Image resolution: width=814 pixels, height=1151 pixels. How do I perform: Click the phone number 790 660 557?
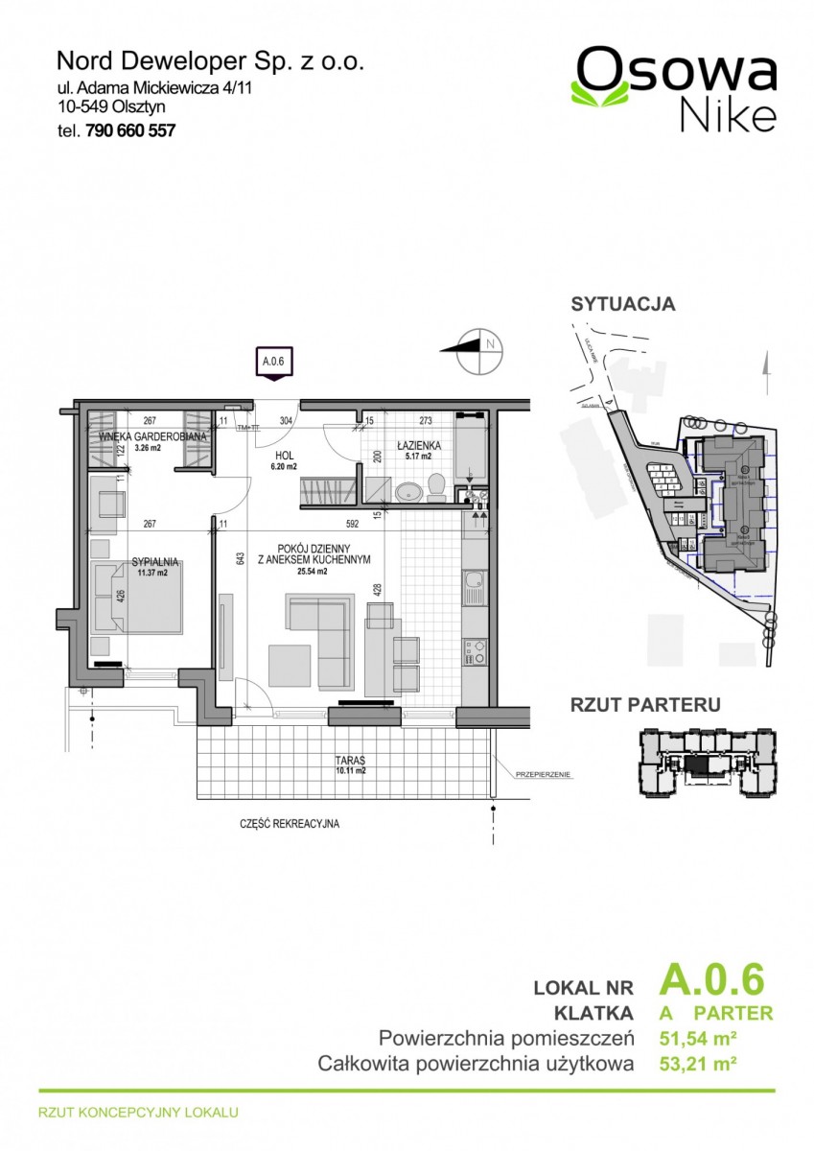pyautogui.click(x=130, y=131)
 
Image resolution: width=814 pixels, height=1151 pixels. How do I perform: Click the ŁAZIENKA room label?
pyautogui.click(x=418, y=446)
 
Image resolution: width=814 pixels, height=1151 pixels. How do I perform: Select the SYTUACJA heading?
pyautogui.click(x=622, y=304)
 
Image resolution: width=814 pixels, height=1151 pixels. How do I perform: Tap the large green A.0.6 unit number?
pyautogui.click(x=711, y=981)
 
